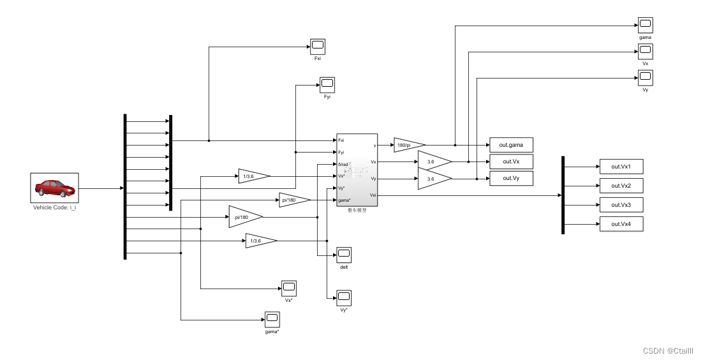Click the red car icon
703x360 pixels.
pyautogui.click(x=54, y=188)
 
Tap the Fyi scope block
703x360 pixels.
pyautogui.click(x=327, y=84)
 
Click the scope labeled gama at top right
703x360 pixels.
pyautogui.click(x=645, y=26)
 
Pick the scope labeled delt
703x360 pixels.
pyautogui.click(x=344, y=254)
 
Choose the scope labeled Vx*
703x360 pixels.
pyautogui.click(x=288, y=288)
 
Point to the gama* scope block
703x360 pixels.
pyautogui.click(x=272, y=319)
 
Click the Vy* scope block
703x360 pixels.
pyautogui.click(x=344, y=297)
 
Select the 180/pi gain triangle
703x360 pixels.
pyautogui.click(x=408, y=145)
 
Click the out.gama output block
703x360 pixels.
pyautogui.click(x=510, y=145)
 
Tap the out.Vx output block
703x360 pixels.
pyautogui.click(x=510, y=161)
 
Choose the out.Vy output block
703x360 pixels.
pyautogui.click(x=510, y=179)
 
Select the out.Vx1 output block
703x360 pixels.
pyautogui.click(x=621, y=167)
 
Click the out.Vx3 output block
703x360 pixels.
pyautogui.click(x=621, y=205)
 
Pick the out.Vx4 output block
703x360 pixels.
pyautogui.click(x=621, y=224)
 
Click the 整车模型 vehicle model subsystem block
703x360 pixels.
pyautogui.click(x=357, y=170)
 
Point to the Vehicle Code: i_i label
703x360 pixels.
pyautogui.click(x=54, y=208)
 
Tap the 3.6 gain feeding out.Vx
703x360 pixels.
pyautogui.click(x=433, y=162)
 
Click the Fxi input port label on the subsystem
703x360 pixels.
pyautogui.click(x=341, y=140)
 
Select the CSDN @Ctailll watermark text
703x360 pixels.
pyautogui.click(x=667, y=351)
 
